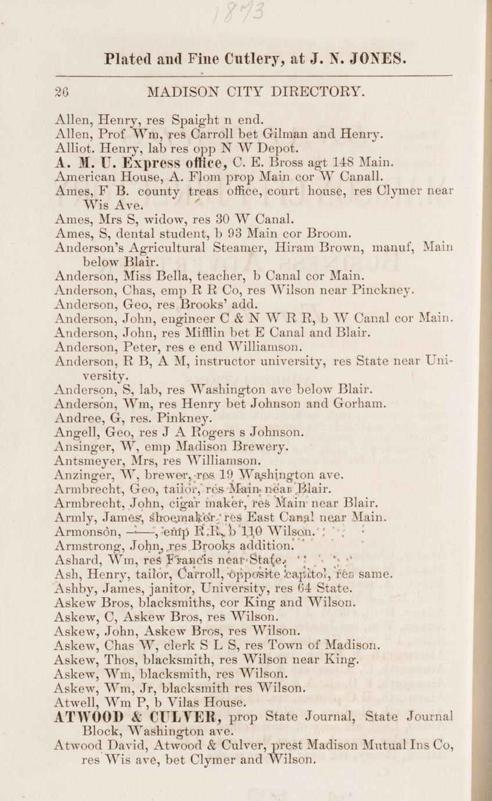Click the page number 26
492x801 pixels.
pyautogui.click(x=62, y=92)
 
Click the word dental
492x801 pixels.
pyautogui.click(x=140, y=234)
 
